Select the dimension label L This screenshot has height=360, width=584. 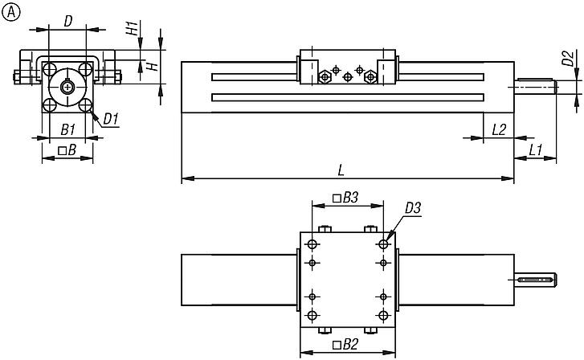click(341, 170)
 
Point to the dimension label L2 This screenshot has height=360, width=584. click(498, 129)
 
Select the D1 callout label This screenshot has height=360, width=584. click(111, 120)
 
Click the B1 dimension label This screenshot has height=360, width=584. click(68, 129)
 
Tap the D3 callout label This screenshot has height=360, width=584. click(413, 208)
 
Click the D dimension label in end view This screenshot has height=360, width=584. click(69, 18)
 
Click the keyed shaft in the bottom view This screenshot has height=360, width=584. click(535, 279)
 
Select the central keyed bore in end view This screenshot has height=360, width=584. click(68, 87)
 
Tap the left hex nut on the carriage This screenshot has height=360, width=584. click(325, 77)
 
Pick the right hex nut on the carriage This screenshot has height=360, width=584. click(370, 77)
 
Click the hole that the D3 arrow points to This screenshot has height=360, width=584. click(383, 243)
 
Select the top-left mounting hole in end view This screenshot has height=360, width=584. click(51, 69)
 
